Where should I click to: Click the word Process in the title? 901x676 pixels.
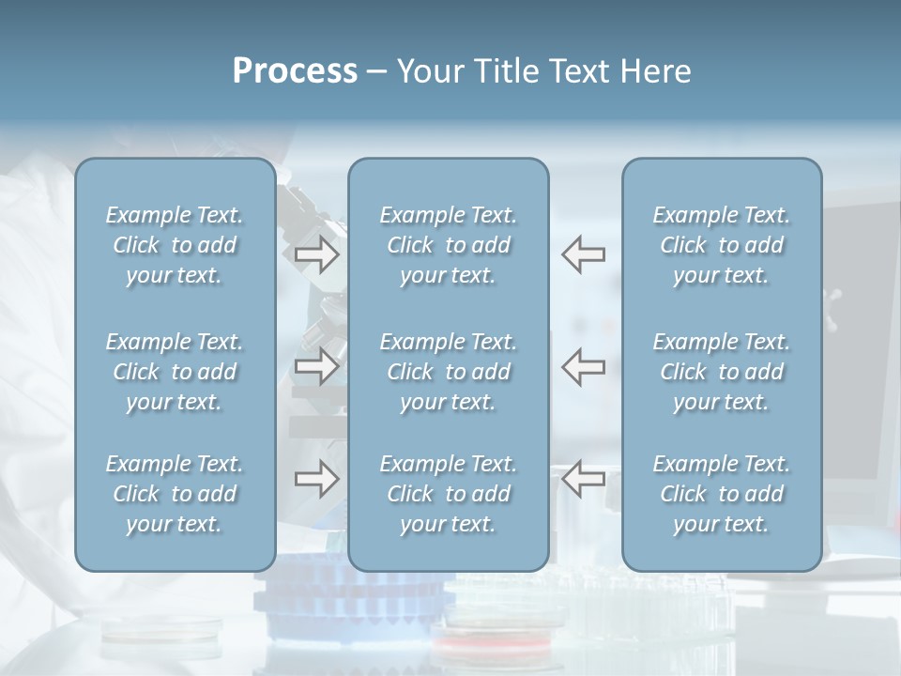pyautogui.click(x=295, y=71)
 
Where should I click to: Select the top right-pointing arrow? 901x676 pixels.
pyautogui.click(x=316, y=253)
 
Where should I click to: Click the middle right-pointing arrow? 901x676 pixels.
pyautogui.click(x=316, y=365)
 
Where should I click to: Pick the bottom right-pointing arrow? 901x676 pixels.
pyautogui.click(x=316, y=478)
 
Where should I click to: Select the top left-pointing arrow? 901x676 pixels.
pyautogui.click(x=584, y=253)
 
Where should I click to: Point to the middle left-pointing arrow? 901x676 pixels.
pyautogui.click(x=584, y=365)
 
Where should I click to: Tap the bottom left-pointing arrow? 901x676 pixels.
pyautogui.click(x=584, y=478)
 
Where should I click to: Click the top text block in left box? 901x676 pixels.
pyautogui.click(x=175, y=245)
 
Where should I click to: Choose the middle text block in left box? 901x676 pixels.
pyautogui.click(x=175, y=372)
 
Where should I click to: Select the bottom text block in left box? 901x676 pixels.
pyautogui.click(x=175, y=494)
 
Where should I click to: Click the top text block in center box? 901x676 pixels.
pyautogui.click(x=449, y=245)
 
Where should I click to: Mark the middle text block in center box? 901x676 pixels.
pyautogui.click(x=449, y=372)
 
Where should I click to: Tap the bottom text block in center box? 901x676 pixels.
pyautogui.click(x=449, y=494)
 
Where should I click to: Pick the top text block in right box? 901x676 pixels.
pyautogui.click(x=722, y=245)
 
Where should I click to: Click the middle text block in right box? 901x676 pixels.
pyautogui.click(x=722, y=372)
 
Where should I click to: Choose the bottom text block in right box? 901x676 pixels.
pyautogui.click(x=722, y=494)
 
